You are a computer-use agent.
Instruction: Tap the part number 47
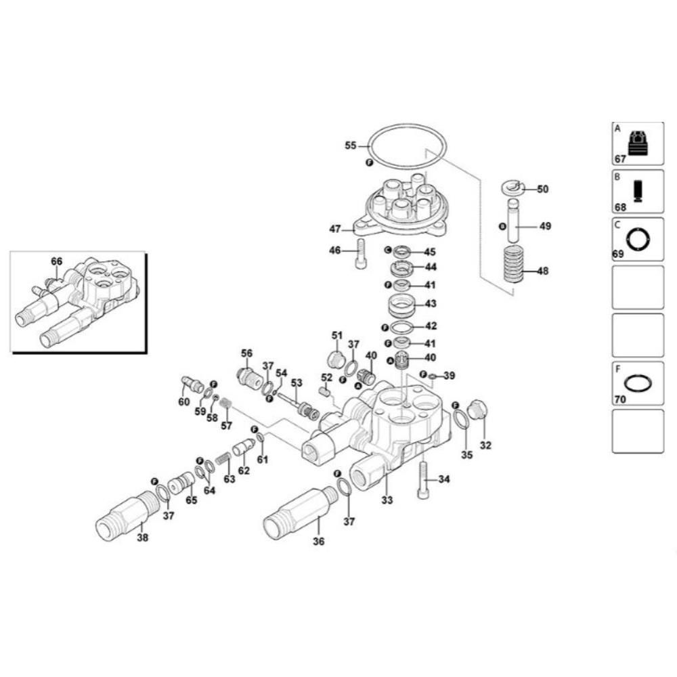tap(335, 229)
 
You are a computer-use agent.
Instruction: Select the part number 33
tap(387, 500)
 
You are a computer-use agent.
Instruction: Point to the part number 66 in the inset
tap(56, 261)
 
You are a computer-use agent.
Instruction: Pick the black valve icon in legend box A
tap(638, 144)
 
